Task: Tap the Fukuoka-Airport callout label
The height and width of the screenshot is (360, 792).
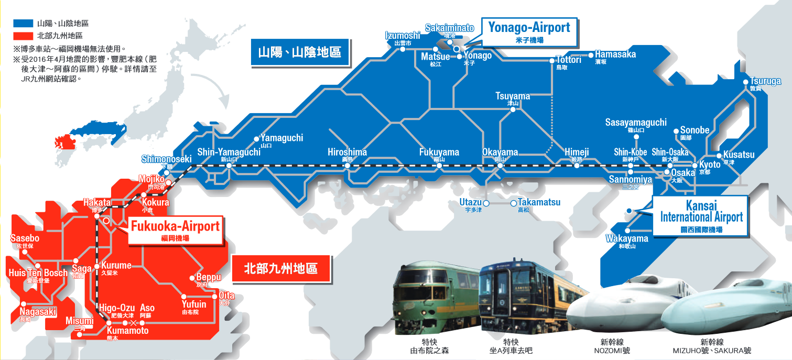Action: (175, 230)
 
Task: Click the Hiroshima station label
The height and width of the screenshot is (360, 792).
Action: (347, 152)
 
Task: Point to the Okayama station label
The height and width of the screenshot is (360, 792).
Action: (500, 152)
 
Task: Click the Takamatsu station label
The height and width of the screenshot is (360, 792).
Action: (539, 202)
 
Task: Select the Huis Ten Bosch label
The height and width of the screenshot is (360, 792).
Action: (38, 273)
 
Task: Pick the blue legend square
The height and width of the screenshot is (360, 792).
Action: (24, 24)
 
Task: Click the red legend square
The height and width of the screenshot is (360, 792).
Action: (24, 36)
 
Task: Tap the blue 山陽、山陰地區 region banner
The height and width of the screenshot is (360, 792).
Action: (299, 52)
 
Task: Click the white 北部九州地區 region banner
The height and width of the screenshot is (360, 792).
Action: (281, 269)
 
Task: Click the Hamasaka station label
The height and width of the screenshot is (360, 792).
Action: (615, 54)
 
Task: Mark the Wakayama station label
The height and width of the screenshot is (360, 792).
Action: (627, 239)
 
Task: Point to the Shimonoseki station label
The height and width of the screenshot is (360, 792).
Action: (167, 159)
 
